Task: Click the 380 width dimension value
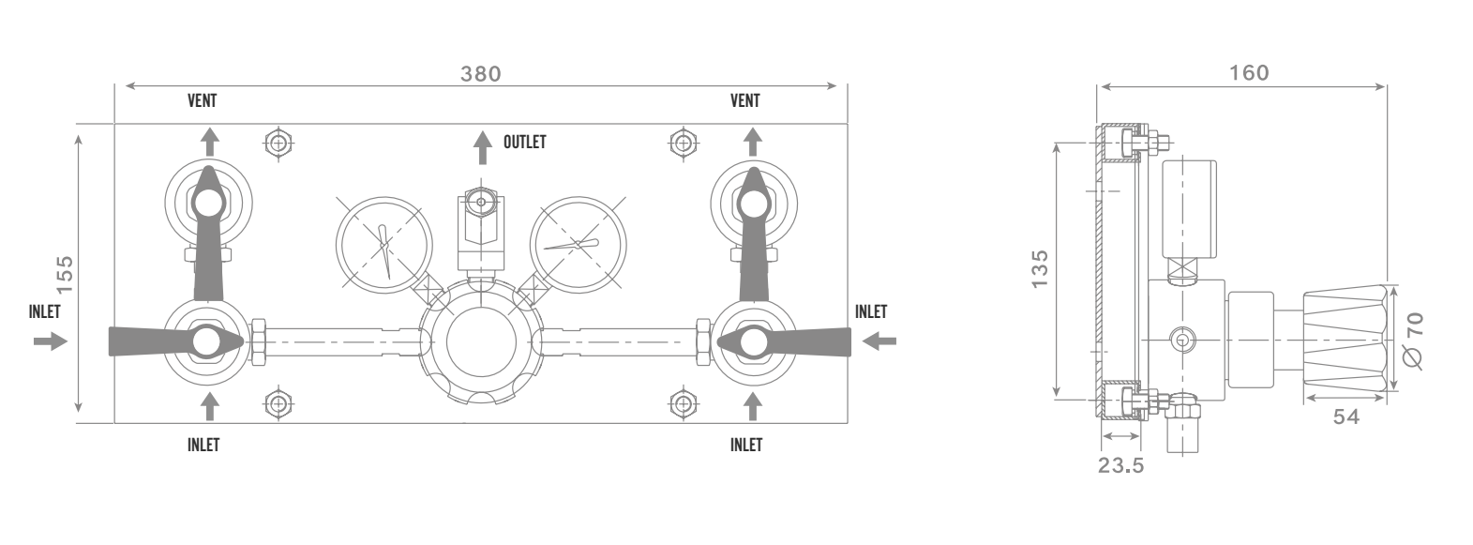[x=481, y=74]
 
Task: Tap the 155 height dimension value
[x=65, y=275]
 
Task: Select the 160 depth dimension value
[x=1250, y=72]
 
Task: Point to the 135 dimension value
[x=1040, y=268]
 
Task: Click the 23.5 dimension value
[x=1121, y=465]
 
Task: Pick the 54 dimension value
[x=1346, y=416]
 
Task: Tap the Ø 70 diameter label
[x=1413, y=340]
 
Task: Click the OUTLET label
[x=525, y=143]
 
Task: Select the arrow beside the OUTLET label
[x=483, y=147]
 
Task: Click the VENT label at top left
[x=202, y=100]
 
